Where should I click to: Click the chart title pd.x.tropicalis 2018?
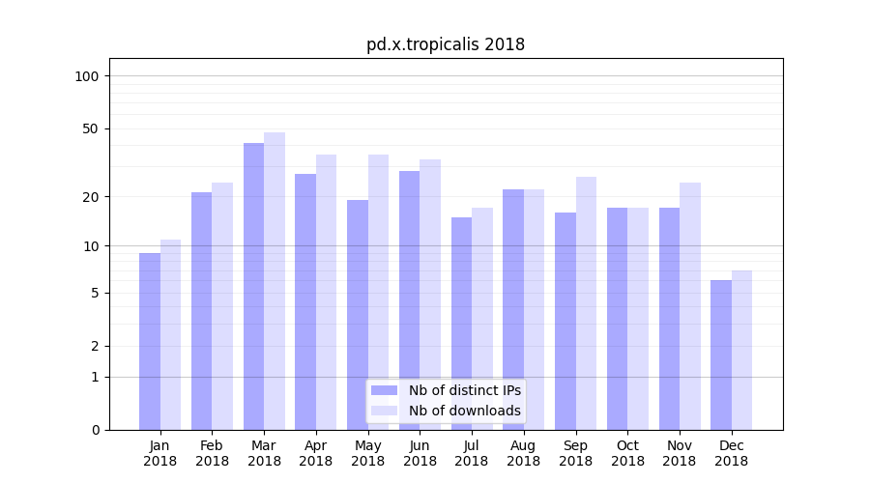pos(445,44)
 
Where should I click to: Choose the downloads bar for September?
pos(586,303)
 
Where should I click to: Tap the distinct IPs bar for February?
pos(201,311)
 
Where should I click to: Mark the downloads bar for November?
pos(690,306)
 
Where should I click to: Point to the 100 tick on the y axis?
pos(87,76)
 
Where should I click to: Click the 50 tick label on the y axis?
pos(91,128)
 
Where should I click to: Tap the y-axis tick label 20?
pos(91,197)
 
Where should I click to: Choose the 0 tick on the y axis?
pos(95,430)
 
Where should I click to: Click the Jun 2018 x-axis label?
pos(420,453)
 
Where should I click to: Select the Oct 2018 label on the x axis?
pos(627,453)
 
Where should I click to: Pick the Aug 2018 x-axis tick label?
pos(523,453)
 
